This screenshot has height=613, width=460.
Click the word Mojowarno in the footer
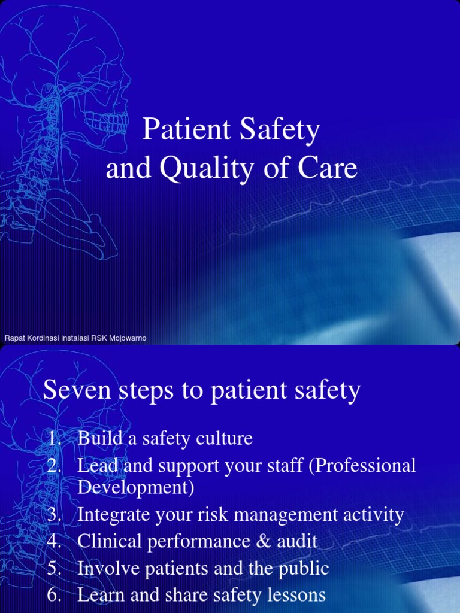click(128, 339)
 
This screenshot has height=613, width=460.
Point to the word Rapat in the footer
click(13, 339)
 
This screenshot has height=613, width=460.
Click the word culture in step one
click(223, 439)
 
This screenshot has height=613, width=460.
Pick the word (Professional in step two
click(362, 466)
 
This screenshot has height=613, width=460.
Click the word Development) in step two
click(136, 488)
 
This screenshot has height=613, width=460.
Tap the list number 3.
click(55, 515)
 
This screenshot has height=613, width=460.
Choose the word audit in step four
click(297, 542)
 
